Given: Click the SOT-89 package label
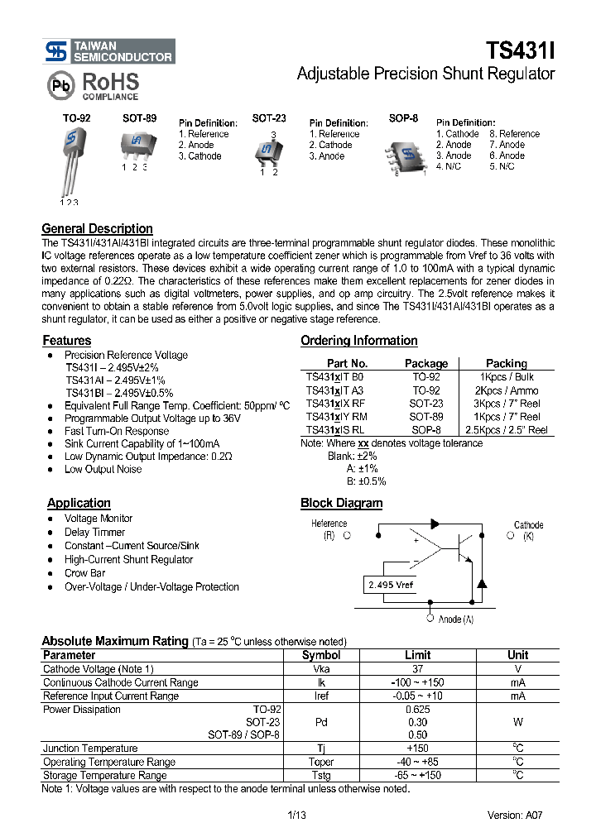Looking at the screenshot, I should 139,119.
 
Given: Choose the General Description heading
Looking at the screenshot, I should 97,229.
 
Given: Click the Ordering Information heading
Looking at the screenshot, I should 358,341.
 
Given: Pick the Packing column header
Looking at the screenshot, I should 506,363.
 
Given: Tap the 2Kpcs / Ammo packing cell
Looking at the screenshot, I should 506,390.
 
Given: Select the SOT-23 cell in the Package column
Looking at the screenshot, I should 425,404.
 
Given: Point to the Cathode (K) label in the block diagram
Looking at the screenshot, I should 527,530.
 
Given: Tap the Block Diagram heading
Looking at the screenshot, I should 341,503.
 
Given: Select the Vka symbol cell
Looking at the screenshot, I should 321,669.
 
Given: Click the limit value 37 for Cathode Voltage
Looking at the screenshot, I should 418,669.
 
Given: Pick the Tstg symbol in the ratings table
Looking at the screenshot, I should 321,775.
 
